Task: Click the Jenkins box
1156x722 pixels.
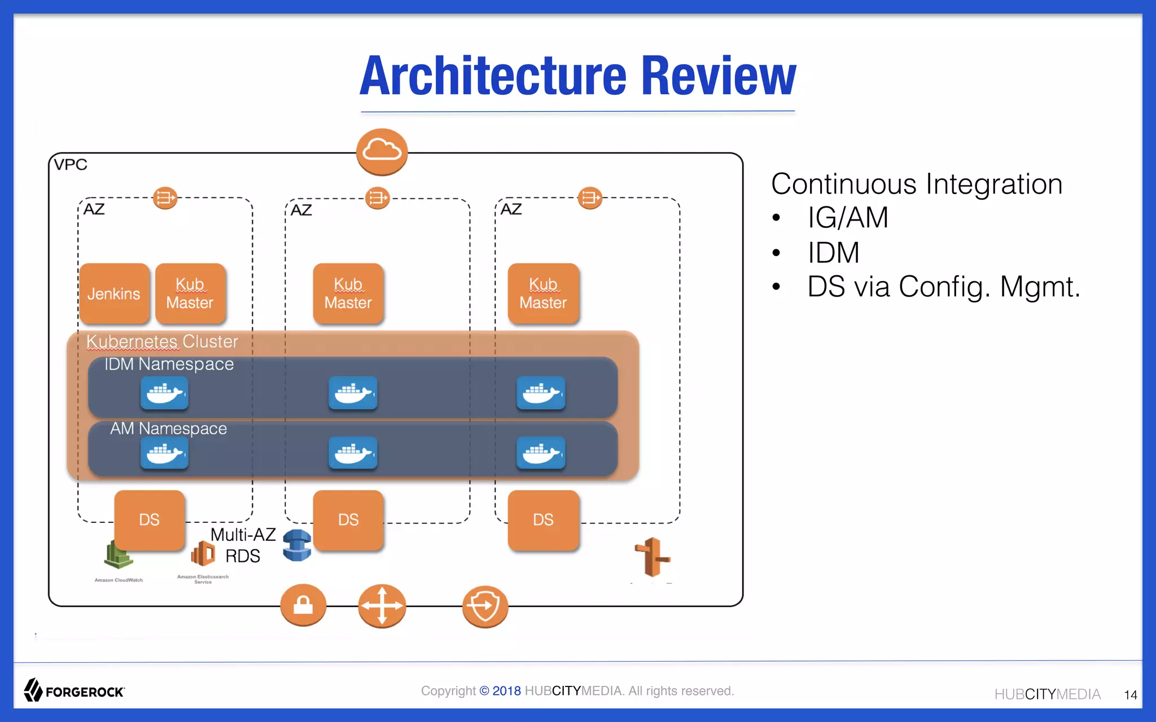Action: [x=114, y=293]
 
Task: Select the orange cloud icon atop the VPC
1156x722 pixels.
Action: [x=382, y=151]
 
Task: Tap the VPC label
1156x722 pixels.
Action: [x=71, y=165]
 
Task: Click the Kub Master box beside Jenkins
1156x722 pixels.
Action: [x=190, y=293]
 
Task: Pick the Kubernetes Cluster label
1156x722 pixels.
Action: [x=162, y=341]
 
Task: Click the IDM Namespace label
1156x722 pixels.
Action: [x=169, y=364]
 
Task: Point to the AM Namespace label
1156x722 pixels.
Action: [x=168, y=429]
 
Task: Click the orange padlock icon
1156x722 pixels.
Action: [x=303, y=605]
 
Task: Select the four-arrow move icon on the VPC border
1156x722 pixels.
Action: [x=382, y=606]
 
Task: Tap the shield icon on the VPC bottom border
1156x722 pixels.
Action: [x=485, y=606]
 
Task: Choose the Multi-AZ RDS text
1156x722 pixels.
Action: [x=243, y=545]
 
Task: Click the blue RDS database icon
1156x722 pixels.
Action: [x=297, y=545]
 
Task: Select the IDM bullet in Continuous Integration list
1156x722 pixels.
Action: [x=833, y=252]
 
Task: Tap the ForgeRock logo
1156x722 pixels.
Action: [x=74, y=690]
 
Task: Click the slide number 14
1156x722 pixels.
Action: [x=1130, y=695]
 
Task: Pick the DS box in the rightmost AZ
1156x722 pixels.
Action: [x=543, y=520]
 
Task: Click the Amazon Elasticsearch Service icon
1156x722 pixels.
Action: [x=203, y=554]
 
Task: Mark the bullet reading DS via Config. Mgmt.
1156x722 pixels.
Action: [x=943, y=287]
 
